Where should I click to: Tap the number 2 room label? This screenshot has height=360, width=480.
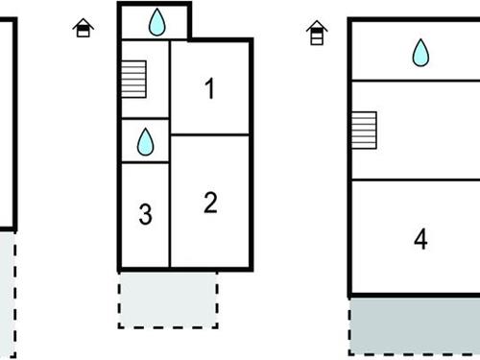(210, 203)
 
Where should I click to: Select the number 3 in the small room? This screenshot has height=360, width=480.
(145, 214)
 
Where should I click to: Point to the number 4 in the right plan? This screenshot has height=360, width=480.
(420, 239)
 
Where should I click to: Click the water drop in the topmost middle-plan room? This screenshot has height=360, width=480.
(156, 21)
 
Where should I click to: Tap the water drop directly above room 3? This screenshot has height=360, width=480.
(145, 142)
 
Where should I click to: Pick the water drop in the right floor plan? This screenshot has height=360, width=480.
(420, 53)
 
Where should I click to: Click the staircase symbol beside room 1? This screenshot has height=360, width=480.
(133, 76)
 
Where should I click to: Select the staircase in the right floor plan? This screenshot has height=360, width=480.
(363, 129)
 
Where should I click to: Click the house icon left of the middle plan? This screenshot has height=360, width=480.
(84, 28)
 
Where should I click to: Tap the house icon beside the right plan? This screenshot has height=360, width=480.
(316, 35)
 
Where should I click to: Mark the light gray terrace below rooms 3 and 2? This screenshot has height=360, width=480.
(168, 299)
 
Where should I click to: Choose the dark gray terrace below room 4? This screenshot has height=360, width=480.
(414, 324)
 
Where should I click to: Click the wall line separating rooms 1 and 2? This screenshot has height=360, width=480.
(210, 135)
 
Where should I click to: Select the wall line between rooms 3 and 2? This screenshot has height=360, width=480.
(170, 214)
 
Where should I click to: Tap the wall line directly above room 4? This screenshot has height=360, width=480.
(414, 180)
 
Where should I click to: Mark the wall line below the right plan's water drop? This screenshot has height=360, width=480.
(414, 81)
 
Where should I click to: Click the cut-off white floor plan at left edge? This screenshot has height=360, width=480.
(7, 125)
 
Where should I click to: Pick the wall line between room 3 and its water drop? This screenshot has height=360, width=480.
(145, 162)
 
